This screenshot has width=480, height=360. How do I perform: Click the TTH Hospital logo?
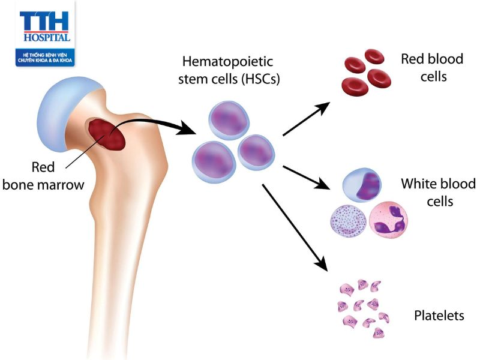click(45, 33)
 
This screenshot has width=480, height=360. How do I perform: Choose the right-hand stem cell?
click(256, 151)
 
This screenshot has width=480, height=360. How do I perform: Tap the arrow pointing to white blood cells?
click(305, 178)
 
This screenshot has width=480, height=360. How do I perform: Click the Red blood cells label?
click(424, 68)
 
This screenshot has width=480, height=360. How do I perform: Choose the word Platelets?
click(439, 315)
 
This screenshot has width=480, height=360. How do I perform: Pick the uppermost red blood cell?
click(374, 56)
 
